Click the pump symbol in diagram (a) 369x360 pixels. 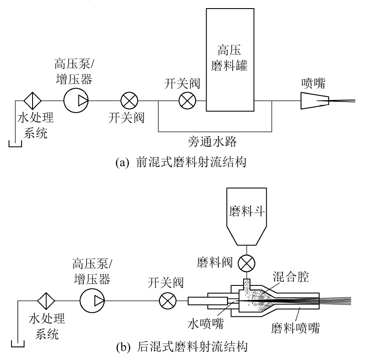coord(76,101)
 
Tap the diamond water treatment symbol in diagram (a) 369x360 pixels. coord(32,101)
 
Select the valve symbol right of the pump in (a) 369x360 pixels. coord(128,101)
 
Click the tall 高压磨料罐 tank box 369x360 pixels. coord(229,60)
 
